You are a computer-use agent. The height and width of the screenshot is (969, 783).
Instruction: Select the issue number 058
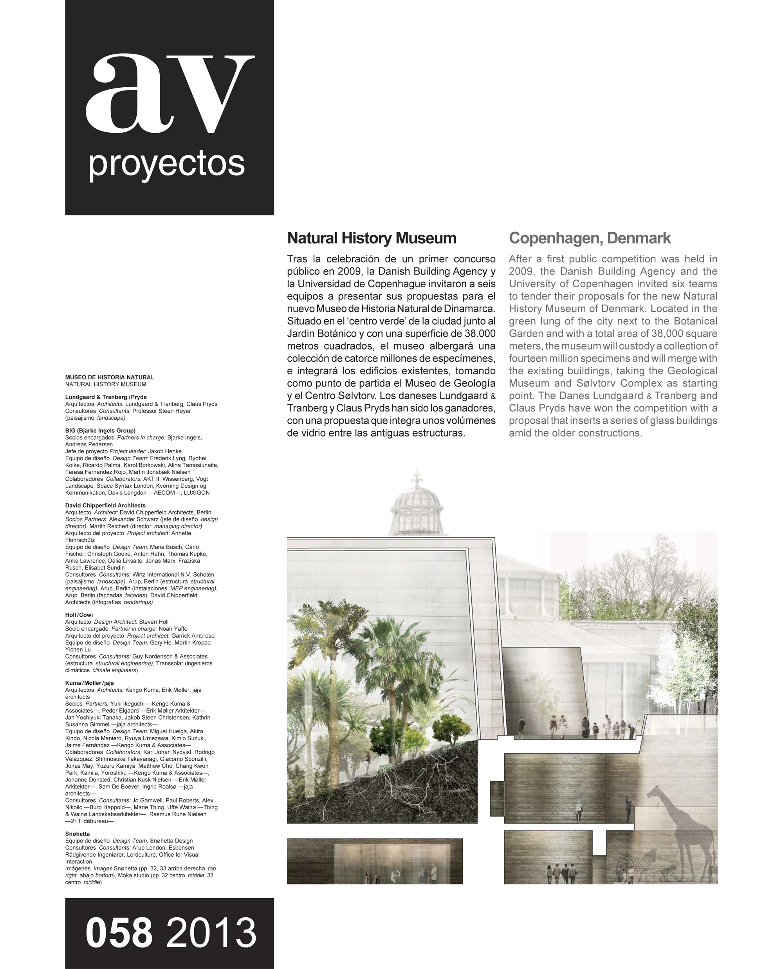click(x=119, y=933)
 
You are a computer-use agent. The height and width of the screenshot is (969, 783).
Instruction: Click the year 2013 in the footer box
click(x=211, y=933)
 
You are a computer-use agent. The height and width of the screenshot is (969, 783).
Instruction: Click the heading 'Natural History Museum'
click(x=372, y=238)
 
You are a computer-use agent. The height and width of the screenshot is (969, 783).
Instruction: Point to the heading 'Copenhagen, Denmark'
click(x=590, y=238)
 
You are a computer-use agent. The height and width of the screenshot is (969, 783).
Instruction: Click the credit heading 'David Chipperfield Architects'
click(x=105, y=505)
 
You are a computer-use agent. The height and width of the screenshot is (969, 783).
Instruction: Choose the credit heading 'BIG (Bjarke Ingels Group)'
click(x=100, y=430)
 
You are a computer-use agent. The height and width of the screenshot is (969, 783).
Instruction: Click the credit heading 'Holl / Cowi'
click(x=79, y=614)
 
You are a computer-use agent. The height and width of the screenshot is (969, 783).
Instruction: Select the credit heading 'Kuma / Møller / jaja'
click(x=89, y=682)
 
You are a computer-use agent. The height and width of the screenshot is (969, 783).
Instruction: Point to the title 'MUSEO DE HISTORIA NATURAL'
click(x=110, y=377)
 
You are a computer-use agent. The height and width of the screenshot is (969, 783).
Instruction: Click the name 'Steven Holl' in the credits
click(x=154, y=622)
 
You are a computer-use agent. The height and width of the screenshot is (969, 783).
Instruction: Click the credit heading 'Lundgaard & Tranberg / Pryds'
click(x=106, y=397)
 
